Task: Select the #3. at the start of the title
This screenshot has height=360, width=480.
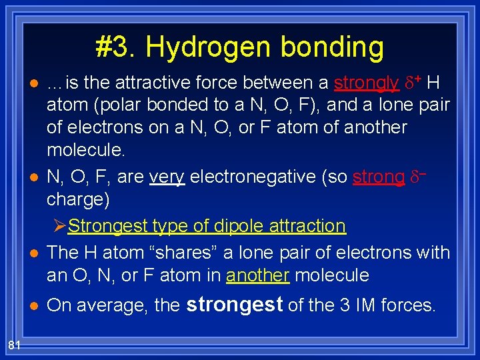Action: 116,48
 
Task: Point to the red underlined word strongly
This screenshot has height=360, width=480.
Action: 366,83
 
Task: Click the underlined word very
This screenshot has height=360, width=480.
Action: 167,177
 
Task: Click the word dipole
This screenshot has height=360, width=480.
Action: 233,226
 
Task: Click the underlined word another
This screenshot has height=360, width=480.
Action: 257,275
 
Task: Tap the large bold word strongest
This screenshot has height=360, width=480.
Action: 235,304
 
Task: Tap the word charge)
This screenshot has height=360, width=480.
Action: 78,199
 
